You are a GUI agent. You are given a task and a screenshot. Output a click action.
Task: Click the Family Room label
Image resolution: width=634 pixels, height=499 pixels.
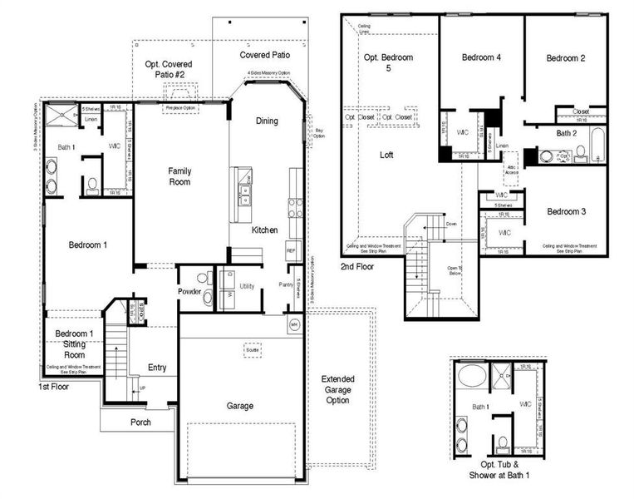click(179, 175)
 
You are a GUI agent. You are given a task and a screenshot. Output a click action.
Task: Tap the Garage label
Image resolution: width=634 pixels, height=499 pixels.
click(239, 406)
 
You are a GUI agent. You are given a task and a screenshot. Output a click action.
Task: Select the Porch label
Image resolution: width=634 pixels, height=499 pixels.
click(140, 422)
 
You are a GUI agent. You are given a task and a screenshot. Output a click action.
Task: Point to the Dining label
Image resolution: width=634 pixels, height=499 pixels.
click(267, 121)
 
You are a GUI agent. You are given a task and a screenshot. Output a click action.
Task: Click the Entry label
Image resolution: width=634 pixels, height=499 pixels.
click(157, 368)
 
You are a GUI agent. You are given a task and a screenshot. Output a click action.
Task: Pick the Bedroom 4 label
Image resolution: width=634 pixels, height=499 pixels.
click(482, 57)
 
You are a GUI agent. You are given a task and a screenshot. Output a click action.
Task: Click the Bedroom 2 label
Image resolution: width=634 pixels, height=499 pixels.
click(566, 57)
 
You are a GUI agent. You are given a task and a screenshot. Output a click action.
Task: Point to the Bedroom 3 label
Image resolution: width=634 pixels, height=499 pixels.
click(566, 212)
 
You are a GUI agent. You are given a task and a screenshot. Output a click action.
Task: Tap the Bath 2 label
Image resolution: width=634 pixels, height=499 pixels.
click(567, 133)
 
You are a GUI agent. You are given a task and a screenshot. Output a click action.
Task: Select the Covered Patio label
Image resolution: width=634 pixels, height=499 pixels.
click(264, 55)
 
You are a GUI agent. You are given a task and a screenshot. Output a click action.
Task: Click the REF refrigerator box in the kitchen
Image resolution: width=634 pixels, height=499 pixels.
click(291, 249)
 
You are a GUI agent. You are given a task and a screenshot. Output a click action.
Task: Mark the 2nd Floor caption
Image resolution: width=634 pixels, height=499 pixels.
click(356, 267)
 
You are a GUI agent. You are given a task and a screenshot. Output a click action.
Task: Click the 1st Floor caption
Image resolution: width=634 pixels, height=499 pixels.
click(52, 387)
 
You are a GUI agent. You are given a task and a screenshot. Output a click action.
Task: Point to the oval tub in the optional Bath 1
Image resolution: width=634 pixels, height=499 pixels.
click(472, 376)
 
